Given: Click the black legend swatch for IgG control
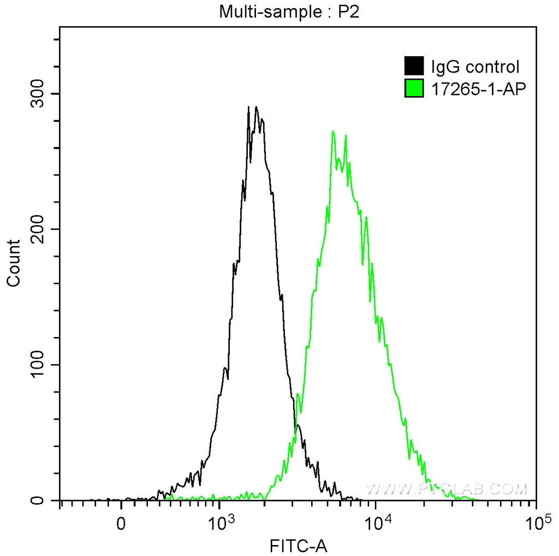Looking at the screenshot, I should coord(414,67).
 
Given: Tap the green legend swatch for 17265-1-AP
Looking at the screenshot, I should coord(414,87).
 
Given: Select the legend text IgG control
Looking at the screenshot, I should coord(475,67).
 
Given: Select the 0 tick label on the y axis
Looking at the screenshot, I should coord(47,500).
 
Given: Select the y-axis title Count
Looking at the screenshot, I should coord(13,263).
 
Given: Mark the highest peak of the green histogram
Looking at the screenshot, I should coord(333,132).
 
